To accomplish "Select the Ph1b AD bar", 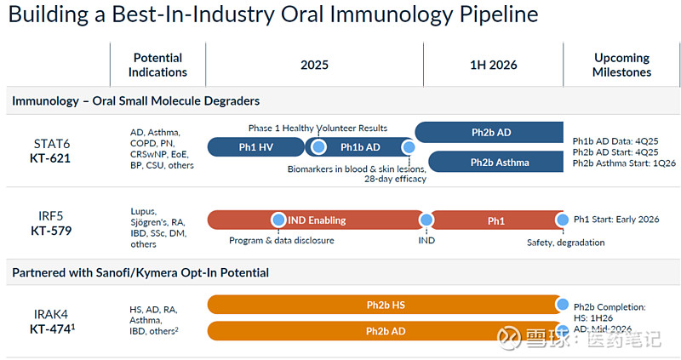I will [x=360, y=147].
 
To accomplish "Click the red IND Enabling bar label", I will [x=317, y=220].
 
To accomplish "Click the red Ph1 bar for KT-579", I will [x=495, y=220].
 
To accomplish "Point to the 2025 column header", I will [x=314, y=65].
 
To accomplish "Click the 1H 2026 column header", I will [x=493, y=65].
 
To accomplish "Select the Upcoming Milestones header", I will [x=621, y=65].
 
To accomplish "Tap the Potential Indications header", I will [x=158, y=65].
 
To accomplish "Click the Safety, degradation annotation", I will [x=565, y=243].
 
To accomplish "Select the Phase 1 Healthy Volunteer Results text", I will [x=318, y=128].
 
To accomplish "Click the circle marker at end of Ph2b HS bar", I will [x=562, y=305].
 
